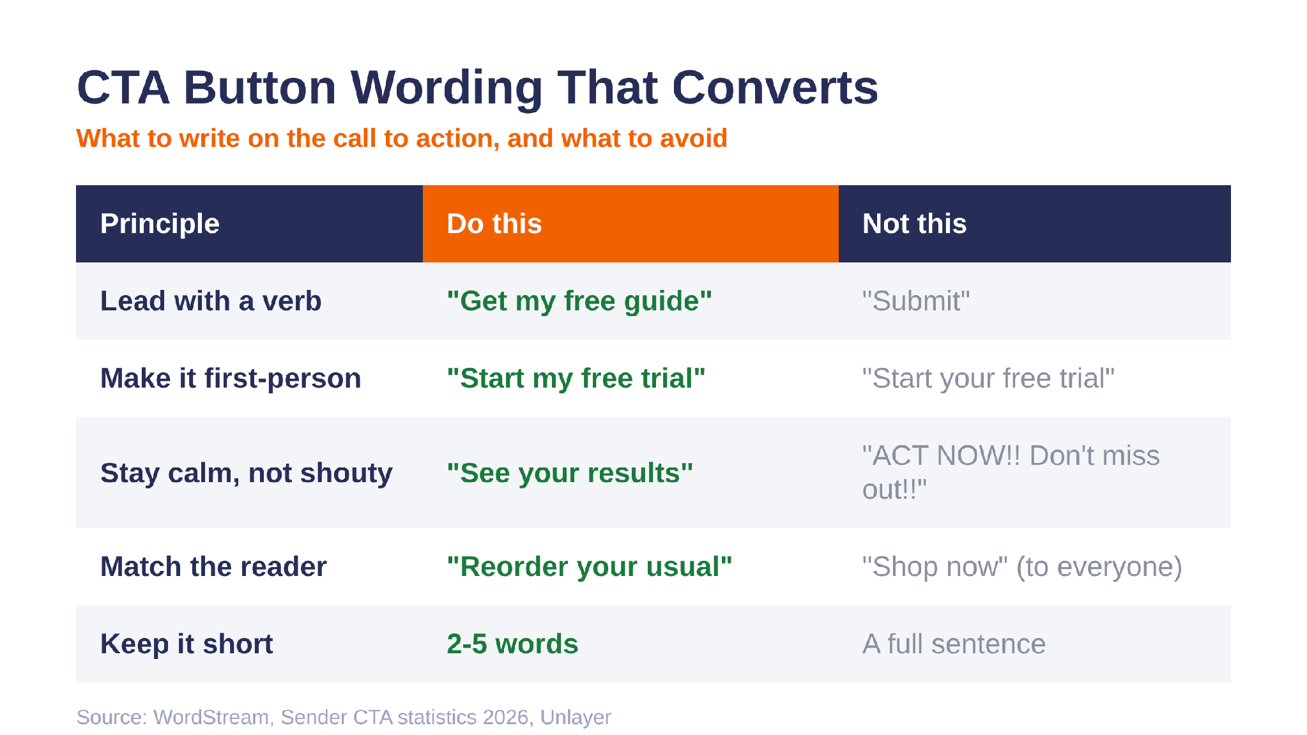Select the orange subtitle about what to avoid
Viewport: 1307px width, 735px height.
point(402,138)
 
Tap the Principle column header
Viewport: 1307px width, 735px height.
point(160,224)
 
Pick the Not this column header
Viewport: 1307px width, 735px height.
point(914,224)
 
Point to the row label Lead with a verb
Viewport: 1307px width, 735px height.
point(211,301)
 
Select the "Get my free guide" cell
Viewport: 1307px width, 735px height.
point(579,301)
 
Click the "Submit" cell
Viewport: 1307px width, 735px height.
point(916,301)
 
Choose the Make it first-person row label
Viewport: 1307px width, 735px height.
point(231,378)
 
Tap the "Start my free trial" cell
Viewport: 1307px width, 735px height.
point(576,378)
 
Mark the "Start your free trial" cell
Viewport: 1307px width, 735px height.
point(988,378)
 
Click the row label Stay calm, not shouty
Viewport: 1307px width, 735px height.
point(247,473)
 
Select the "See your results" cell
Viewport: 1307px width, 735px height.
point(570,473)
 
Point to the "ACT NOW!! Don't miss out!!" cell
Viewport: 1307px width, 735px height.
point(1011,473)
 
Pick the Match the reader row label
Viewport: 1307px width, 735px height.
point(213,566)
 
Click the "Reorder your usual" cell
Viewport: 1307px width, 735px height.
point(590,566)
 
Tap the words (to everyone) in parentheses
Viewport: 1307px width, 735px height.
point(1099,567)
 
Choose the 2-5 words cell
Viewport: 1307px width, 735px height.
point(512,644)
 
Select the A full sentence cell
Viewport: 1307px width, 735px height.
point(954,644)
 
